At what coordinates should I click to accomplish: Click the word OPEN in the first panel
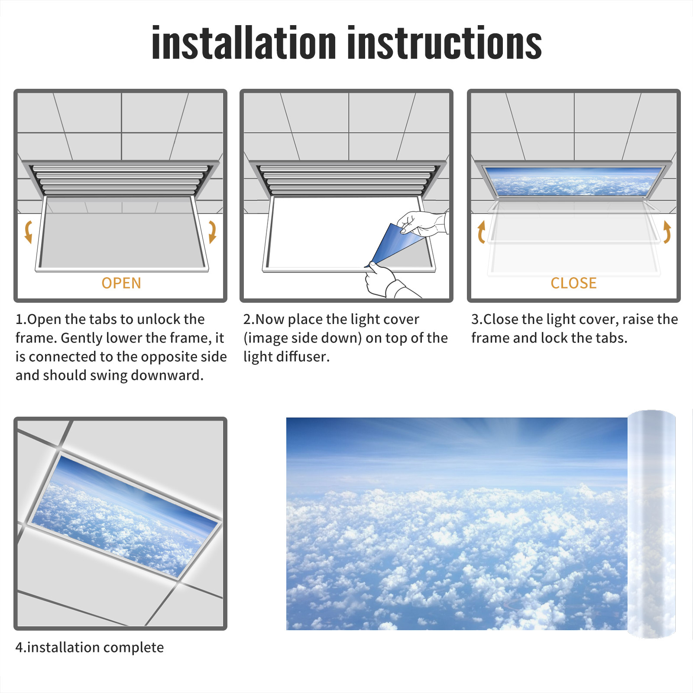121,283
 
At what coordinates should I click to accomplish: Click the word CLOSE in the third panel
573,283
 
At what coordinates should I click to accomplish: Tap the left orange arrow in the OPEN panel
29,232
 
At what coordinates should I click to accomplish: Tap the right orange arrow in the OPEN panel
212,232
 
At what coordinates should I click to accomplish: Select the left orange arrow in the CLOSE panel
481,232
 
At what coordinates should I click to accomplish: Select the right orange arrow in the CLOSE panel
667,232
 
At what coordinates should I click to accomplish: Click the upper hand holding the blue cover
422,223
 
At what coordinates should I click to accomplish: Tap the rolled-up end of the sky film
651,524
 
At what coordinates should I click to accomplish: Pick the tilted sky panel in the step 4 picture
125,515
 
